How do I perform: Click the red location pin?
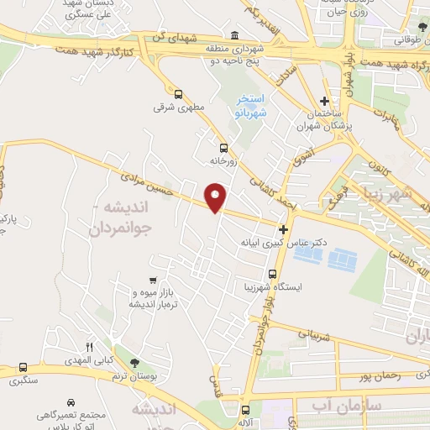tap(217, 196)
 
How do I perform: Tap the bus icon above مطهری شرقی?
tap(178, 94)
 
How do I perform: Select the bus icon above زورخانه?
tap(223, 144)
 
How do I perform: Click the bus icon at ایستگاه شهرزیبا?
tap(271, 274)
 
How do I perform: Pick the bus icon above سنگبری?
tap(23, 367)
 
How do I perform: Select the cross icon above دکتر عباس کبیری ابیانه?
tap(284, 228)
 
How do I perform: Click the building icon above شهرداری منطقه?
tap(232, 36)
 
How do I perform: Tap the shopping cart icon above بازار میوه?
tap(152, 281)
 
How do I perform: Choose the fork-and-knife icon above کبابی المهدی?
tap(89, 346)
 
